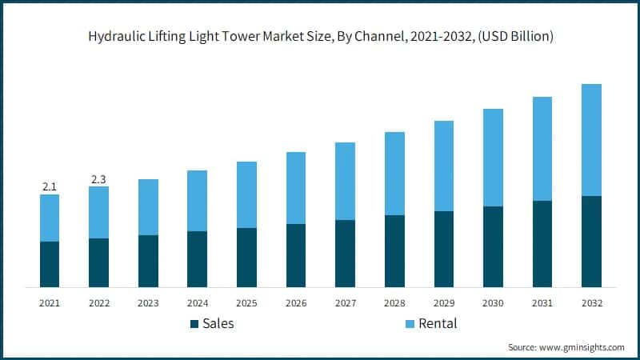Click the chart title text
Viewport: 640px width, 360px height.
click(x=320, y=37)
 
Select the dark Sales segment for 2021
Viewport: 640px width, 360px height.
click(x=50, y=264)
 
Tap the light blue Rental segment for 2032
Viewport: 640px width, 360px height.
click(x=591, y=140)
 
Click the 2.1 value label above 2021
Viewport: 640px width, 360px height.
click(x=50, y=186)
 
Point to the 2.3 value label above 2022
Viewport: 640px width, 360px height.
click(x=98, y=178)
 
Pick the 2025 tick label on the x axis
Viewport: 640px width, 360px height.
click(x=246, y=303)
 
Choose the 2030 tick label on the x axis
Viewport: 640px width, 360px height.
click(x=493, y=303)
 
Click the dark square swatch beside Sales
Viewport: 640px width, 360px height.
click(x=194, y=324)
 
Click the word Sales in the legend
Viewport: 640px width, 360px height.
click(x=218, y=323)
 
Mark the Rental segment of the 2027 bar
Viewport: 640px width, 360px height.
click(x=345, y=181)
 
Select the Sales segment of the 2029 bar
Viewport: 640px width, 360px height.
click(x=444, y=249)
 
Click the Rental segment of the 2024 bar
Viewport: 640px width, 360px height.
click(x=197, y=201)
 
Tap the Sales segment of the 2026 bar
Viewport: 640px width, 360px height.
click(x=296, y=255)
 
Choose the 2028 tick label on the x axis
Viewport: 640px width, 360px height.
click(x=394, y=303)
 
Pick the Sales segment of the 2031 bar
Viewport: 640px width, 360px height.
click(x=542, y=244)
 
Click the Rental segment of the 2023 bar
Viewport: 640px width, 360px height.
click(x=148, y=207)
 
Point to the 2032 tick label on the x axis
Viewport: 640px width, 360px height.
click(x=591, y=303)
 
